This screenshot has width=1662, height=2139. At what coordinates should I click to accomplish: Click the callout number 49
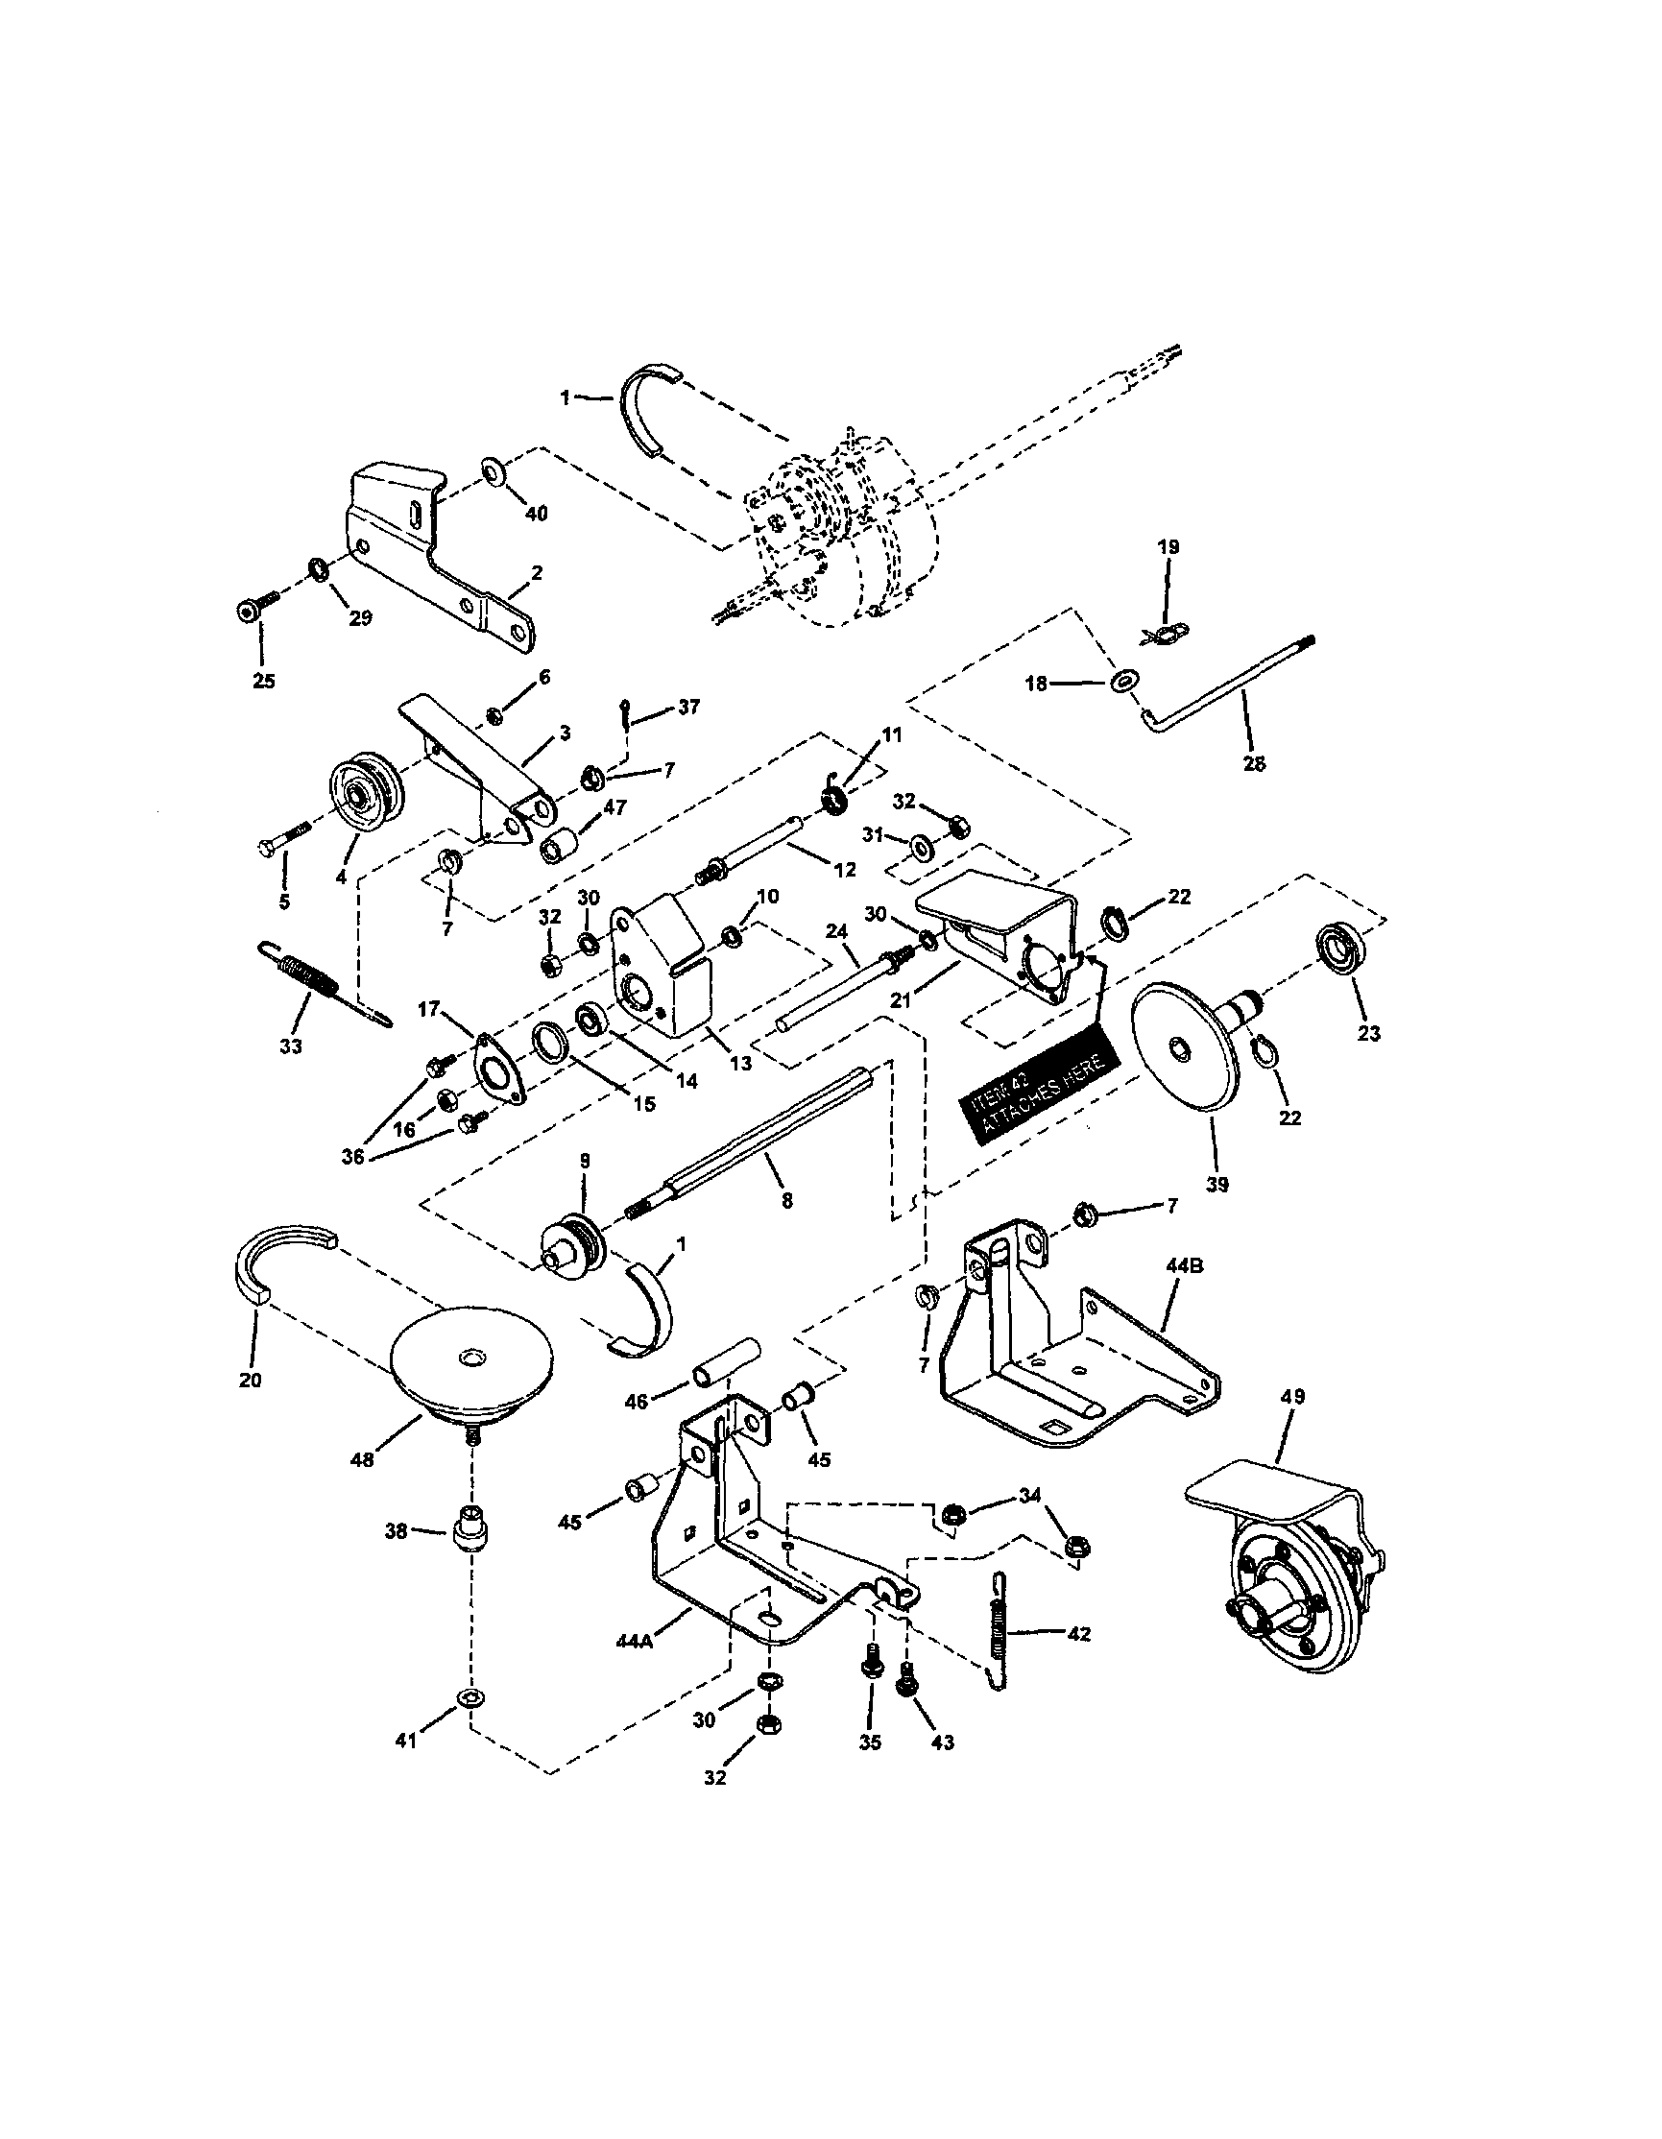click(x=1291, y=1396)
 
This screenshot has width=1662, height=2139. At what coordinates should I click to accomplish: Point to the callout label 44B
click(x=1185, y=1266)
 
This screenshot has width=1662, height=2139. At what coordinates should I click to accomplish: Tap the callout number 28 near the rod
click(x=1254, y=763)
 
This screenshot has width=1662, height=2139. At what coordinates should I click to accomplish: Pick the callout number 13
click(x=741, y=1062)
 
